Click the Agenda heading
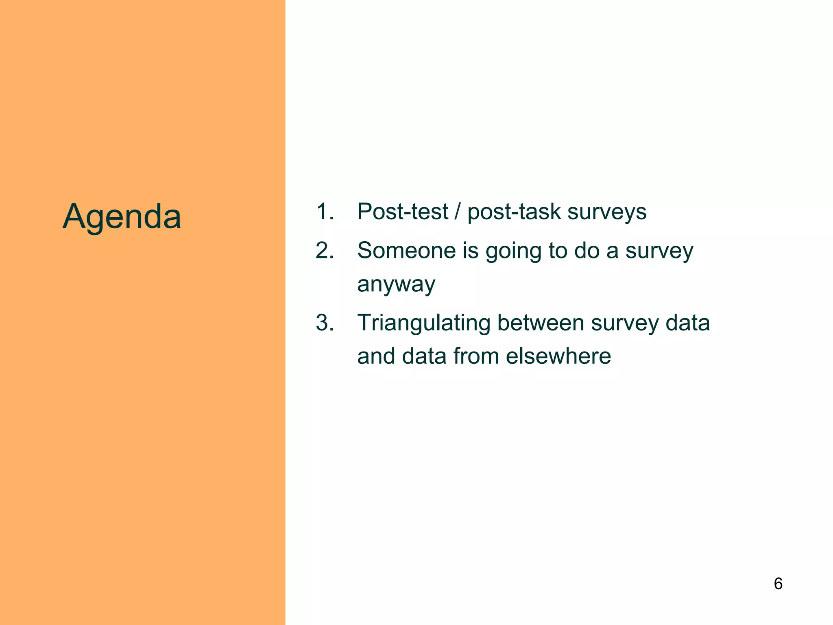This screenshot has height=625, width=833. coord(122,216)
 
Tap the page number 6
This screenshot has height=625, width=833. coord(778,583)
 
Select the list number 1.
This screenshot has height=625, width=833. coord(325,212)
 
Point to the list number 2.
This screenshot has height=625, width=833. coord(325,250)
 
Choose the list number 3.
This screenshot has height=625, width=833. coord(325,323)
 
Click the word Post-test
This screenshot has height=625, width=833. coord(403,212)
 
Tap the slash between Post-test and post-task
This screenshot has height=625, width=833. coord(458,212)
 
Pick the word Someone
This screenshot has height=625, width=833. coord(406,250)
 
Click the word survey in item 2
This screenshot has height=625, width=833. coord(659,251)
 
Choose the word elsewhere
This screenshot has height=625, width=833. coord(558,356)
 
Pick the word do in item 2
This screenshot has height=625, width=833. coord(587,250)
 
